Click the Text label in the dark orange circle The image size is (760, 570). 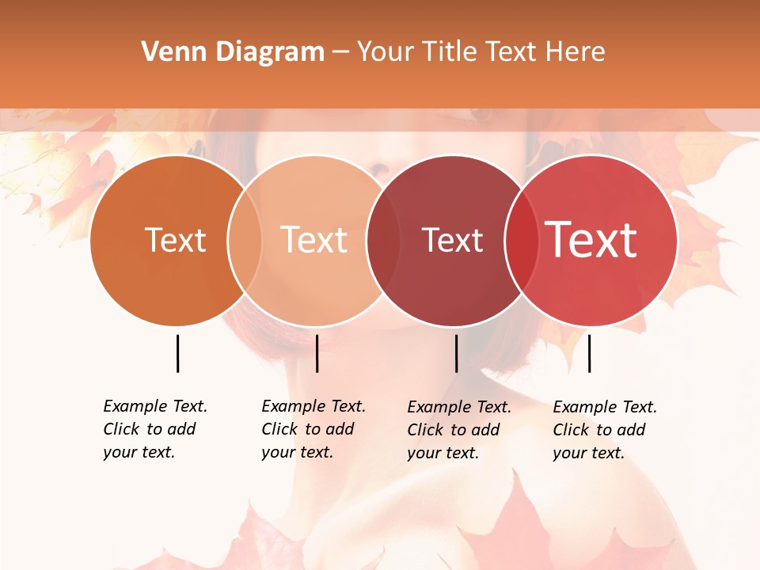pyautogui.click(x=175, y=240)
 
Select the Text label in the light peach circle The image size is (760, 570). pyautogui.click(x=314, y=240)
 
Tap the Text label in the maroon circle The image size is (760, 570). pyautogui.click(x=452, y=240)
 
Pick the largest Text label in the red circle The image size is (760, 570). pyautogui.click(x=591, y=240)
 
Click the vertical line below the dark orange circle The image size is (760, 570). pyautogui.click(x=177, y=353)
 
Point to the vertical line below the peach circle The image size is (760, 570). pyautogui.click(x=317, y=353)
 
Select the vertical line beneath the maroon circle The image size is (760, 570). pyautogui.click(x=456, y=353)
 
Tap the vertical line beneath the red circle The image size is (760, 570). pyautogui.click(x=589, y=353)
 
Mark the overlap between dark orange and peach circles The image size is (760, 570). pyautogui.click(x=245, y=240)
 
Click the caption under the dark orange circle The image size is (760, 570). pyautogui.click(x=155, y=429)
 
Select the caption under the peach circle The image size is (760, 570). pyautogui.click(x=313, y=429)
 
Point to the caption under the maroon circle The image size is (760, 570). pyautogui.click(x=459, y=430)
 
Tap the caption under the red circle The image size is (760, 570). pyautogui.click(x=605, y=430)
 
